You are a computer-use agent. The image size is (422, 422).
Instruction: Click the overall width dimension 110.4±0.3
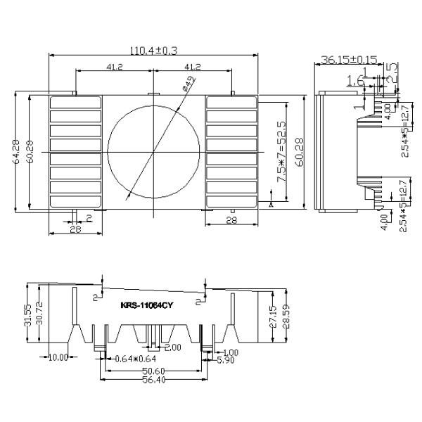click(154, 51)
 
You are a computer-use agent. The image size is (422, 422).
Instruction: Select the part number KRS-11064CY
click(147, 305)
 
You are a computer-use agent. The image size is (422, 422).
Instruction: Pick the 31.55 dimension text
click(27, 314)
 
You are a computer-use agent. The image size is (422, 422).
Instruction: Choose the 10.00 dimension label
click(58, 357)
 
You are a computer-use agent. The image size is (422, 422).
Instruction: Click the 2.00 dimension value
click(172, 347)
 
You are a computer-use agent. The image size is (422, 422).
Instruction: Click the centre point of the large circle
click(152, 152)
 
